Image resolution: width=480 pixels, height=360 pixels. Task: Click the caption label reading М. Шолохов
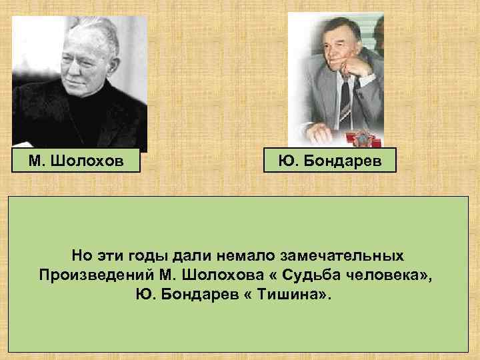[x=76, y=161]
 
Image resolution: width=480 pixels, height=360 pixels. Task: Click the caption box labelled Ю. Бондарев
[x=329, y=161]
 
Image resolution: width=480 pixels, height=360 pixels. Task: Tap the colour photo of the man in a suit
[x=336, y=80]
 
